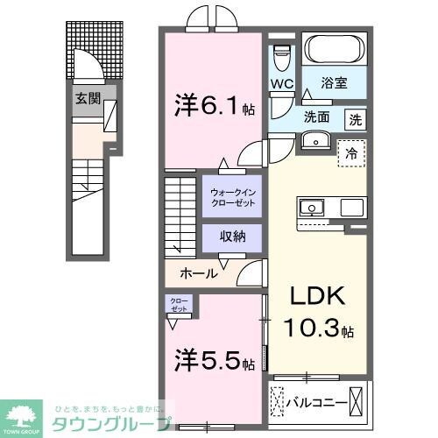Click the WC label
pyautogui.click(x=281, y=85)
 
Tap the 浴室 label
pyautogui.click(x=335, y=86)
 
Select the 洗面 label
pyautogui.click(x=317, y=117)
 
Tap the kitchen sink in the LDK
pyautogui.click(x=312, y=208)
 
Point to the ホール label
pyautogui.click(x=199, y=273)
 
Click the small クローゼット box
pyautogui.click(x=179, y=306)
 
